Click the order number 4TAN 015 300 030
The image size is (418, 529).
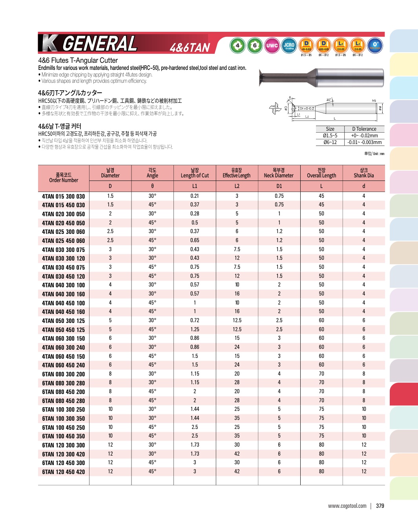63,196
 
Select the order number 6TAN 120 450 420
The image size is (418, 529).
63,472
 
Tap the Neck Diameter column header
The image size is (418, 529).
279,173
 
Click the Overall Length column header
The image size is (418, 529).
321,173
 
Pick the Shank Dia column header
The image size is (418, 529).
363,173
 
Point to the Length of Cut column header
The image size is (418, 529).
195,173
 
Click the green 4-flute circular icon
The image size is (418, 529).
237,46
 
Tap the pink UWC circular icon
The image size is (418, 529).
272,46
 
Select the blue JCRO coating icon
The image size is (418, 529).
289,46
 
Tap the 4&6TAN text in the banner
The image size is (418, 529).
190,47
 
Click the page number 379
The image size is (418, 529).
380,506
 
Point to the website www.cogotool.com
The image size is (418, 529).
347,506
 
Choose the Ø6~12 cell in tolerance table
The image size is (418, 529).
330,142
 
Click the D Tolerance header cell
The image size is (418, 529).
364,129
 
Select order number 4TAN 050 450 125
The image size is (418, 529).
63,330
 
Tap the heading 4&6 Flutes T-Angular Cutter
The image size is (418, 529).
78,60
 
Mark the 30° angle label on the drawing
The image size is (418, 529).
329,100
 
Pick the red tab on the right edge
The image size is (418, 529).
403,394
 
